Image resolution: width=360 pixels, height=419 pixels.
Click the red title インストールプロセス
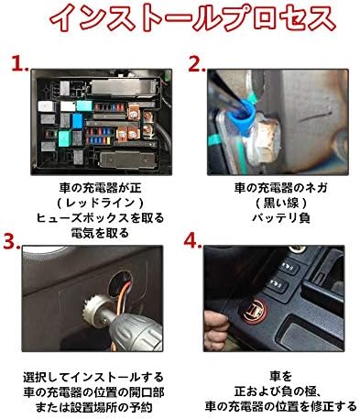click(192, 17)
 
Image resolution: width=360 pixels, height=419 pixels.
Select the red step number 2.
click(196, 63)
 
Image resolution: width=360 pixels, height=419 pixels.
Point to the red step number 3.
click(12, 241)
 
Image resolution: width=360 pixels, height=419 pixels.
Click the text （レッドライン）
click(101, 203)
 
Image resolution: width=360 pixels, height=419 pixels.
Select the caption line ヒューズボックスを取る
click(101, 218)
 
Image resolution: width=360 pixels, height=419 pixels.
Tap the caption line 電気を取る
click(100, 233)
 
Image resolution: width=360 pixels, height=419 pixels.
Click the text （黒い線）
click(281, 203)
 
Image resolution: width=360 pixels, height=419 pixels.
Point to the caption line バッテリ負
click(281, 218)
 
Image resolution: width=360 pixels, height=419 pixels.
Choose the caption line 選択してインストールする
click(93, 377)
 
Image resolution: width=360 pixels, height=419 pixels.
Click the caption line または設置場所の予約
click(93, 407)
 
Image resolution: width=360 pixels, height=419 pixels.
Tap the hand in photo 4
click(216, 330)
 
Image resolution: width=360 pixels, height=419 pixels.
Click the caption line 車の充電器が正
click(101, 188)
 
